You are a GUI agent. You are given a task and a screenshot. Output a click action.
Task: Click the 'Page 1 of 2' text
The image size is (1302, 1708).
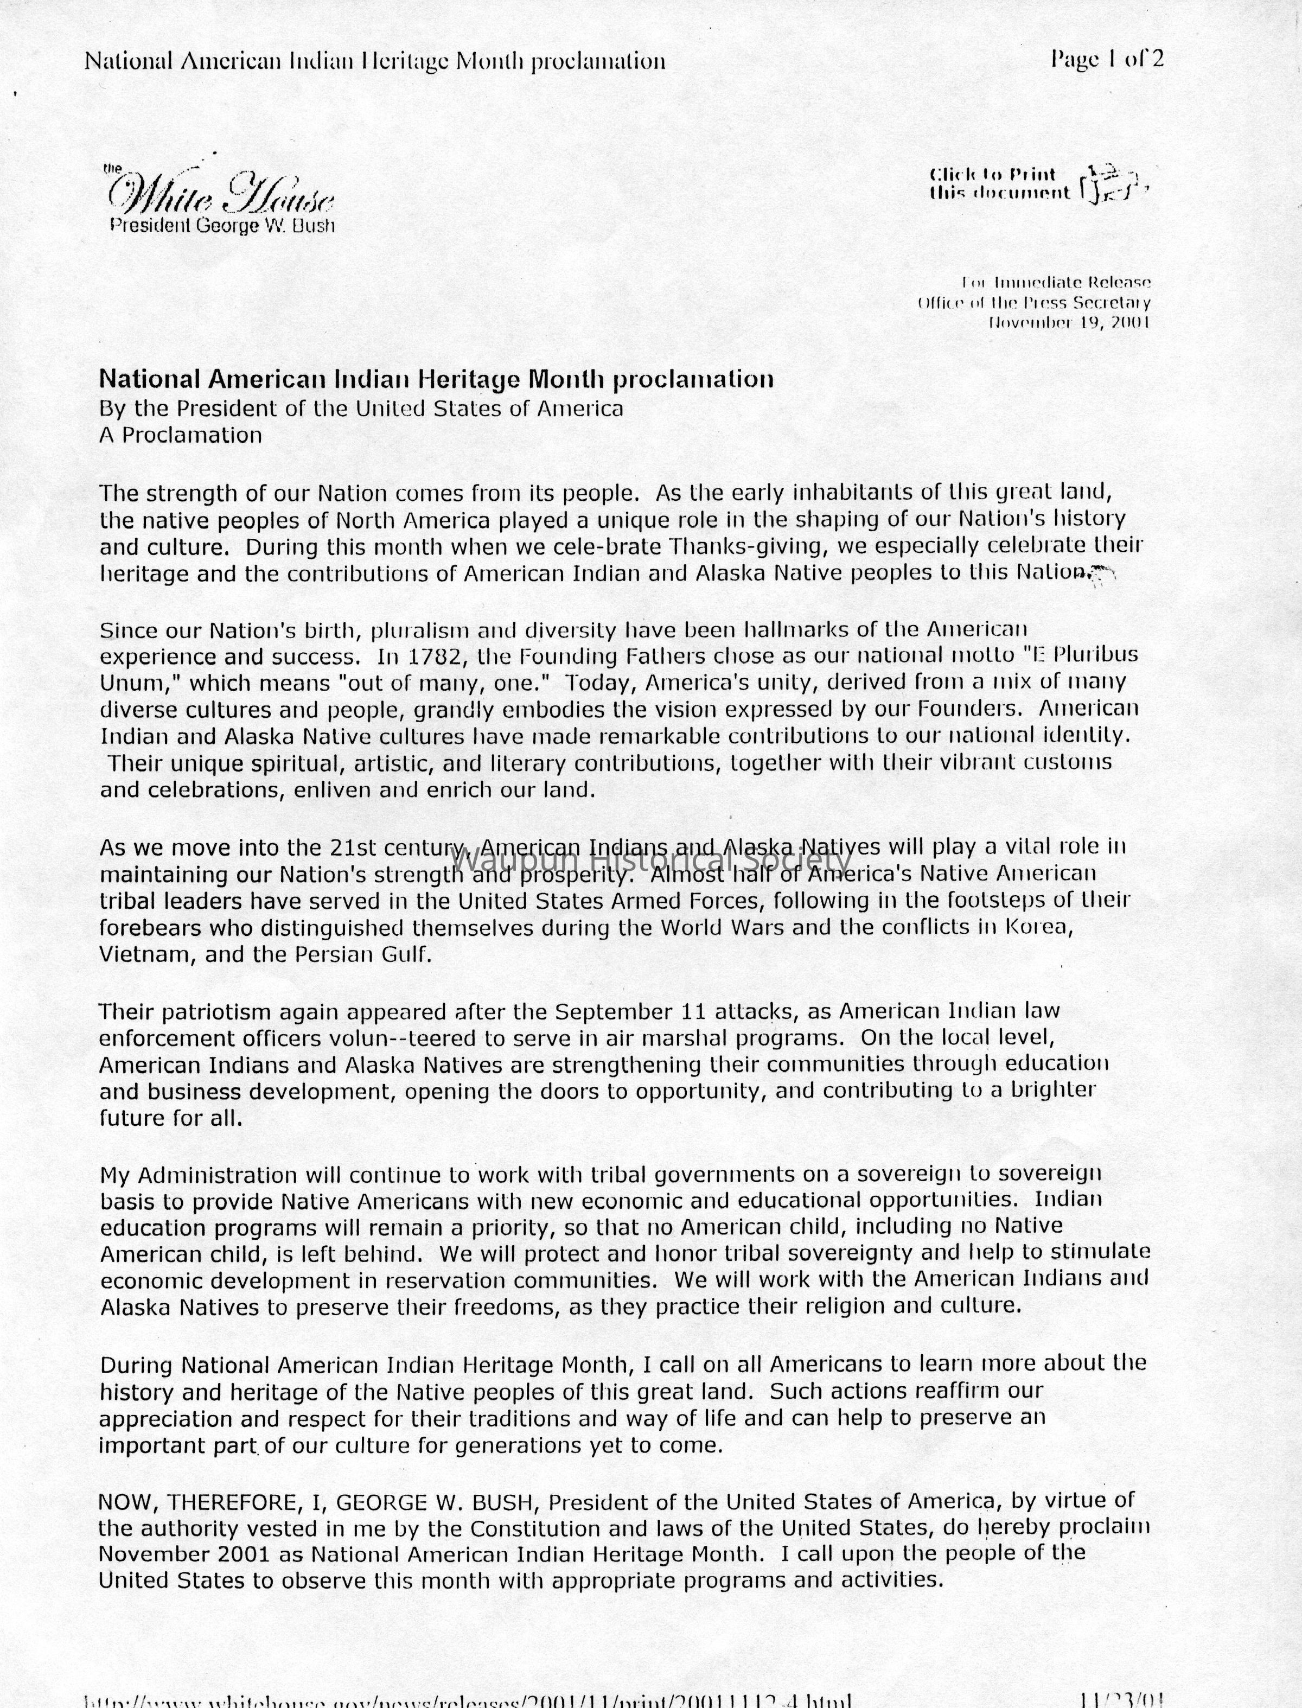click(1107, 60)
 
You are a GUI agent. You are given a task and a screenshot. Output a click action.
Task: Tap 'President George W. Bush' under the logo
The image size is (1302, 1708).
click(222, 226)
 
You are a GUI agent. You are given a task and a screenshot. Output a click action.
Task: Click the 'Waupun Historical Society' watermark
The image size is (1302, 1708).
click(651, 859)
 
